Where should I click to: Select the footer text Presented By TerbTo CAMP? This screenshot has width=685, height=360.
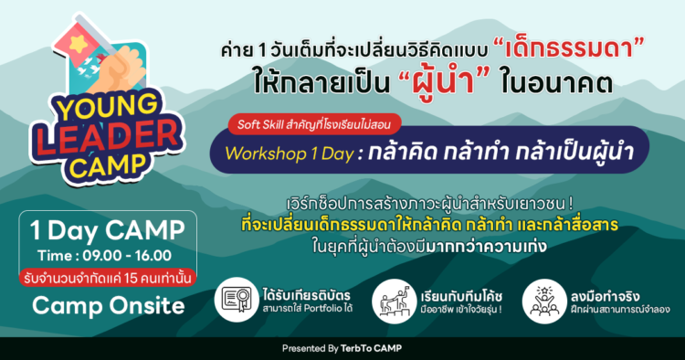[x=342, y=349]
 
